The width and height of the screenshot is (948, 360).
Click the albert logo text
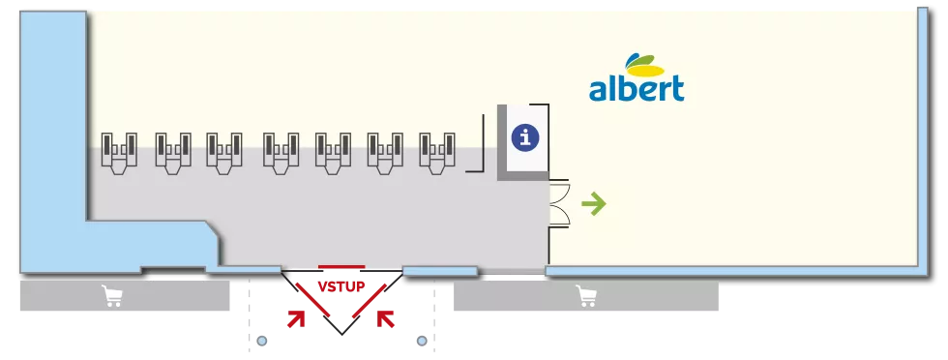click(637, 89)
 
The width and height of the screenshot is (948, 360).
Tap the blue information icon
click(524, 138)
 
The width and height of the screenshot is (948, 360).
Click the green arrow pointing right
click(593, 203)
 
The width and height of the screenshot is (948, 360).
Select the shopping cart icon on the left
click(113, 297)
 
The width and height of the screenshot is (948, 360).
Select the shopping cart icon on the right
click(585, 297)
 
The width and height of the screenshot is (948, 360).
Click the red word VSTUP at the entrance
click(341, 287)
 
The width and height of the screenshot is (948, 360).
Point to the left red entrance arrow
click(299, 316)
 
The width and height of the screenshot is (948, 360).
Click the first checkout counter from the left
click(119, 154)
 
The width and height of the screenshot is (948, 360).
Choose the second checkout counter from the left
click(172, 154)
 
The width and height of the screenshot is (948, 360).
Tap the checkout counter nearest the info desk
click(435, 154)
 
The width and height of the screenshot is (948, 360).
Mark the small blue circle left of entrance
click(261, 341)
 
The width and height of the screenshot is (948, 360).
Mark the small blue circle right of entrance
click(421, 341)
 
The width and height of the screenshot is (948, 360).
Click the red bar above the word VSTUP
click(341, 265)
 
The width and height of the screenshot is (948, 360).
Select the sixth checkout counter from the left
click(383, 154)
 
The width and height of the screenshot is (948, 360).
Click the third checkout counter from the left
click(224, 154)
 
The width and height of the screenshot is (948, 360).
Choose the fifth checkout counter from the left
click(331, 154)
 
